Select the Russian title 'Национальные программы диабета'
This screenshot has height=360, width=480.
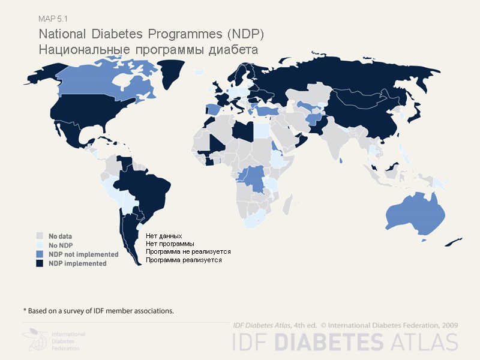tap(148, 49)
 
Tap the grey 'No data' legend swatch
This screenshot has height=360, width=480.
tap(40, 236)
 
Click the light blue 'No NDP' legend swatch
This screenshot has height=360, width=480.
tap(40, 245)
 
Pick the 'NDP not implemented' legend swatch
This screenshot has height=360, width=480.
tap(40, 254)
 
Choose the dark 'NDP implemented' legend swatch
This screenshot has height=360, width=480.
tap(40, 263)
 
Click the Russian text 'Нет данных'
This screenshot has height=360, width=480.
tap(164, 236)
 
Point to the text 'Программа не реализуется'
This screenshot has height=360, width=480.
tap(188, 252)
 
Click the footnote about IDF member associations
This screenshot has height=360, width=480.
tap(98, 311)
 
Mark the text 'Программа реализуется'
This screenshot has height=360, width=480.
tap(184, 260)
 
